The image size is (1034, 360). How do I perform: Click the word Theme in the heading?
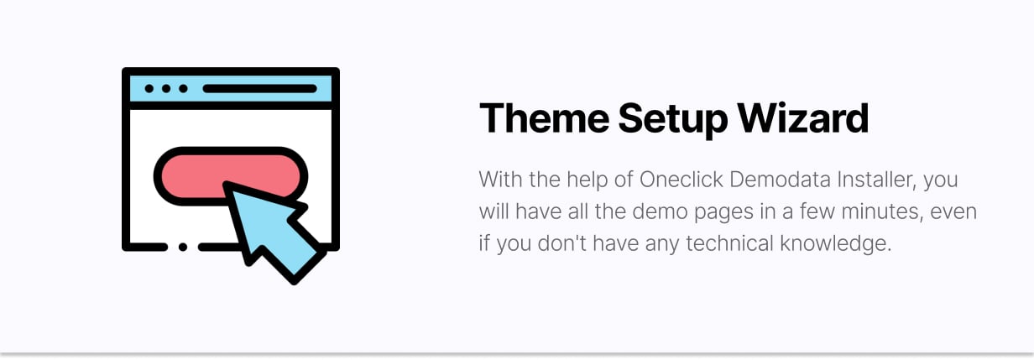544,118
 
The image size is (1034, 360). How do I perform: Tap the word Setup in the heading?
672,121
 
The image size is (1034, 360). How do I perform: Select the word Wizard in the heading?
802,118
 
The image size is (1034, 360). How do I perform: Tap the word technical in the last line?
729,243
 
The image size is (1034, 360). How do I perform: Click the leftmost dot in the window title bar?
149,89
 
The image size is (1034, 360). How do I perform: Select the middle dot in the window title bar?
166,89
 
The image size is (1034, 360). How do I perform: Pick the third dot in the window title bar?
183,89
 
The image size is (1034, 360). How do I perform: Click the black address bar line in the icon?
260,89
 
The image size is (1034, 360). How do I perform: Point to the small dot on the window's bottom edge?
183,247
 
